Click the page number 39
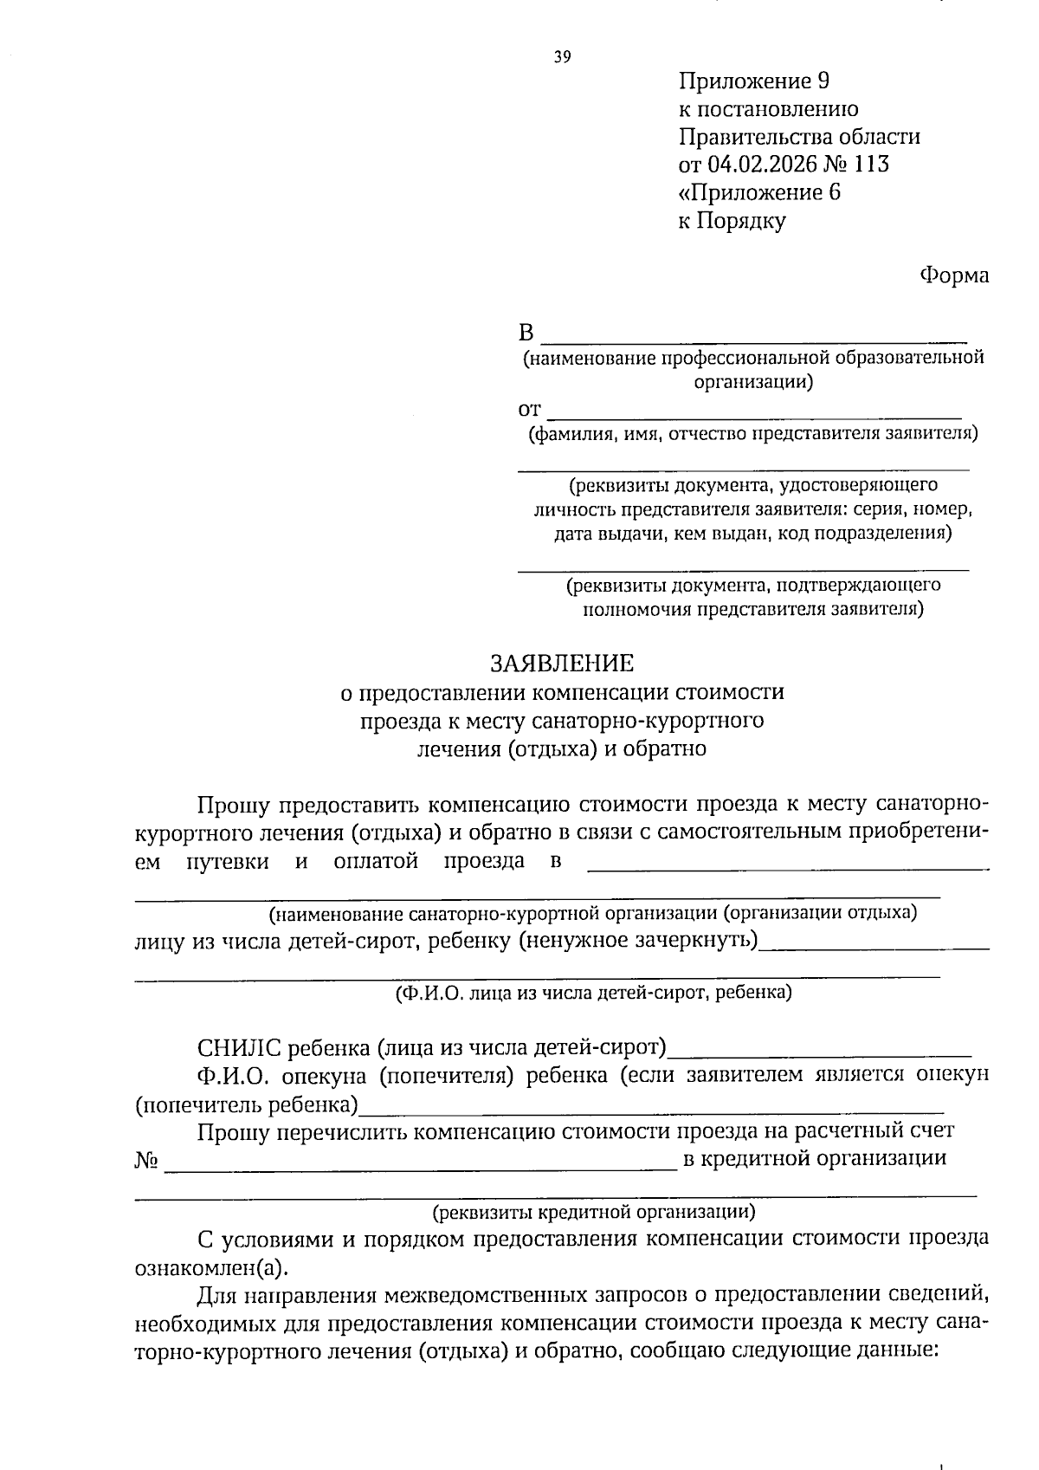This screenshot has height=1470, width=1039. pyautogui.click(x=562, y=58)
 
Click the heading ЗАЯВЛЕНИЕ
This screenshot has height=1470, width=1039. pyautogui.click(x=562, y=664)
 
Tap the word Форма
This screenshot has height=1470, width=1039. pyautogui.click(x=953, y=275)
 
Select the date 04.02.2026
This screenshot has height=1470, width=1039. pyautogui.click(x=762, y=164)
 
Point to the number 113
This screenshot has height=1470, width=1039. pyautogui.click(x=871, y=164)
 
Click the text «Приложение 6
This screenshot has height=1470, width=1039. pyautogui.click(x=759, y=191)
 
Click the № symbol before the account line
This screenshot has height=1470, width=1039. pyautogui.click(x=145, y=1159)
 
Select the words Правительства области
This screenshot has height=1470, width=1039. pyautogui.click(x=799, y=136)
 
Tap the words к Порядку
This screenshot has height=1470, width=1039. pyautogui.click(x=732, y=220)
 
